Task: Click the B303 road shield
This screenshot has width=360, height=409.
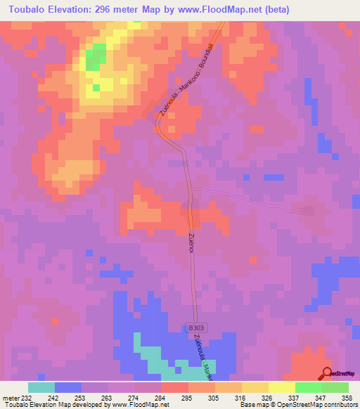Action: point(196,327)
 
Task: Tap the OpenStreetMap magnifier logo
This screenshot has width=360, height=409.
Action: point(328,373)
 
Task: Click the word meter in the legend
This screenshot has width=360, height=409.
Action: point(11,397)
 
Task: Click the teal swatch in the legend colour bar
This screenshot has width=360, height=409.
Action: point(41,387)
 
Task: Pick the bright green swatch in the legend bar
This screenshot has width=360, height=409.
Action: point(308,387)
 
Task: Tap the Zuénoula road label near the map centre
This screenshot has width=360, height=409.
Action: point(191,242)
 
